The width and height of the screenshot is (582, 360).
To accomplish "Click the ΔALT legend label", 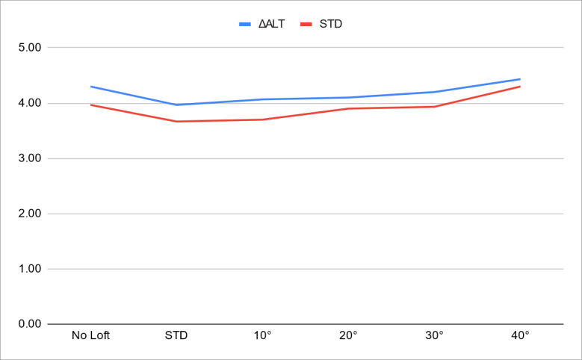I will click(x=271, y=24).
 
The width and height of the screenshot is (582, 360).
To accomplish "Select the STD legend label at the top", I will click(x=330, y=24).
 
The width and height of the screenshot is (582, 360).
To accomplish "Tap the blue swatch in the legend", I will click(x=246, y=24).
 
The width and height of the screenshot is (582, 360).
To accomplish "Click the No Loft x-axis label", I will click(x=90, y=335).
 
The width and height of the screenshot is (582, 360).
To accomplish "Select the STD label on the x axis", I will click(x=176, y=335).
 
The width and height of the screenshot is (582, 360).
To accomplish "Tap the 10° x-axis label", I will click(x=262, y=335).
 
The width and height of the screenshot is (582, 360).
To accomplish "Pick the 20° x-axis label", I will click(x=348, y=335).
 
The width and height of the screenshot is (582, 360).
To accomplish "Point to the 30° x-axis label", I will click(x=434, y=335).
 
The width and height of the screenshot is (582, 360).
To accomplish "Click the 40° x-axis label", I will click(x=520, y=335).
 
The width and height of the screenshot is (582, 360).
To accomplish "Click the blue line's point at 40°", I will click(x=520, y=79).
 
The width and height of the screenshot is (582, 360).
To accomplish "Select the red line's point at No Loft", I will click(x=90, y=105).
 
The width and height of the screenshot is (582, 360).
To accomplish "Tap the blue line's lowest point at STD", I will click(x=176, y=105).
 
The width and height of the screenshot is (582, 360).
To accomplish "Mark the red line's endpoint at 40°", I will click(x=520, y=87).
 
